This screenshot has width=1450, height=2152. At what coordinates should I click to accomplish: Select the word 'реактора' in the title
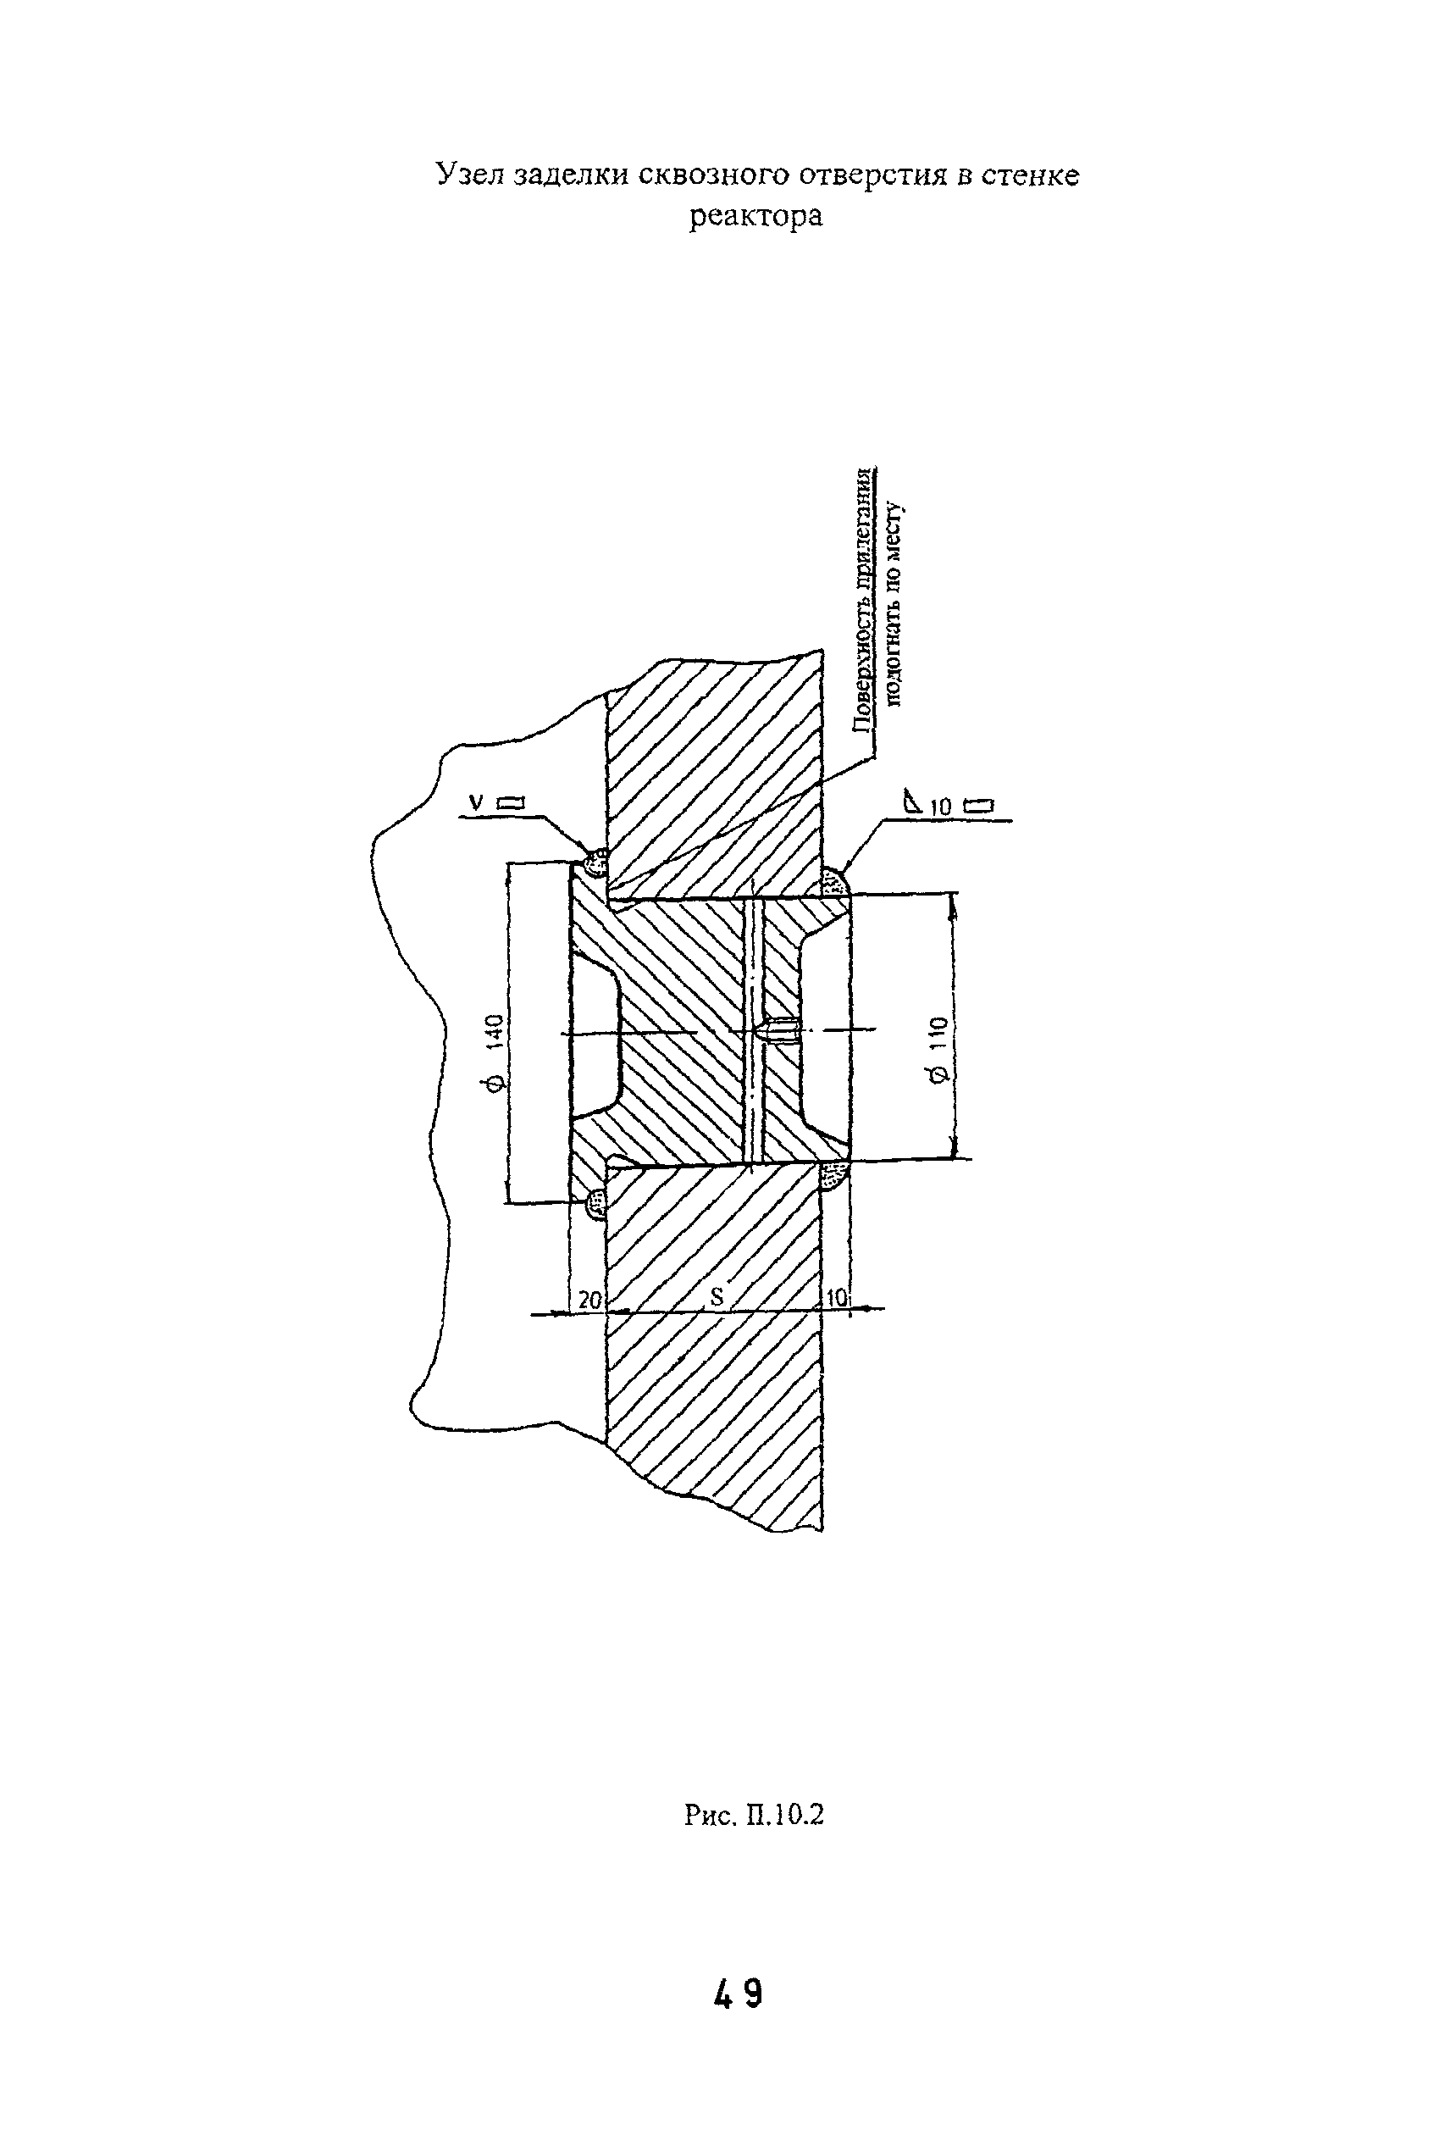(x=755, y=216)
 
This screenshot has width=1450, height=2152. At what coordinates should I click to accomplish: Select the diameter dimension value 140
(x=495, y=1029)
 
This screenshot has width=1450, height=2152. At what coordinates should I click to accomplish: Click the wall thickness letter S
(x=716, y=1296)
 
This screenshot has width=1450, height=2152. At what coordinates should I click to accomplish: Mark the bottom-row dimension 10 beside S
(x=835, y=1300)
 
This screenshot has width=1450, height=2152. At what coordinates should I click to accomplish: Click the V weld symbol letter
(x=475, y=802)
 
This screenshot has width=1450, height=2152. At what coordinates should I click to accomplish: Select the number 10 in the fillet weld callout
(x=940, y=807)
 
